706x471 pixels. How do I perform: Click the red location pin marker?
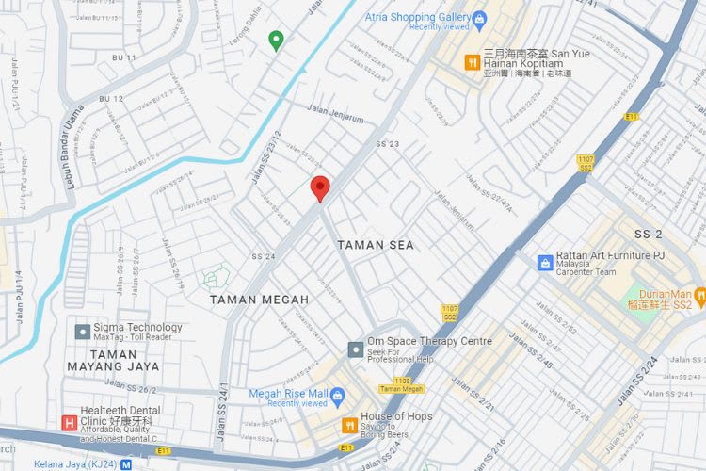320,187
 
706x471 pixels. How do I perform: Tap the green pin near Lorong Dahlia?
276,40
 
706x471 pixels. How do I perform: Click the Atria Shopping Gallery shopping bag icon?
480,17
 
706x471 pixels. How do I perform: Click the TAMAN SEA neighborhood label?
376,245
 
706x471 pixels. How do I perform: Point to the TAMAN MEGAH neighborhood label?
259,300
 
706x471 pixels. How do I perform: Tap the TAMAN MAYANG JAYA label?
113,360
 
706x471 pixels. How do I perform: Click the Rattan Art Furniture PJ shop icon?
544,263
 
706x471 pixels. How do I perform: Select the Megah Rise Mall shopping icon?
338,394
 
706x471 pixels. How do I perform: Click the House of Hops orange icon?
349,425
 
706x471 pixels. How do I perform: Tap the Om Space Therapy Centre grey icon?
355,349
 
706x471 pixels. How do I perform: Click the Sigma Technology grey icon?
82,332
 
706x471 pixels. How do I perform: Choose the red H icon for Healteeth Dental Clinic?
68,424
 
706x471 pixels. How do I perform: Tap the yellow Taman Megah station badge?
401,388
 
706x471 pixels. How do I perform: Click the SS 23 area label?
387,144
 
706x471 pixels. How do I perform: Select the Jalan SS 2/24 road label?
637,382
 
